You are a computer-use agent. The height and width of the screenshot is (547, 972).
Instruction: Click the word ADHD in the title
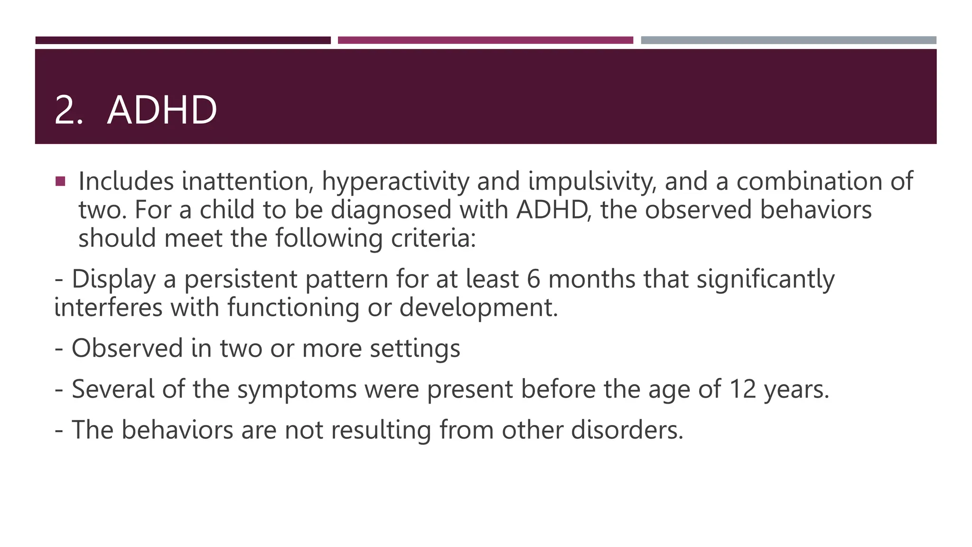coord(162,110)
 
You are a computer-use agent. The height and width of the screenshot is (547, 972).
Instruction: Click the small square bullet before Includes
coord(60,181)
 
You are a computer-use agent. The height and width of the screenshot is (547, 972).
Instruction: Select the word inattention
coord(247,181)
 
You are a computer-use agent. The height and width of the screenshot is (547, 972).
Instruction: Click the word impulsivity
coord(592,182)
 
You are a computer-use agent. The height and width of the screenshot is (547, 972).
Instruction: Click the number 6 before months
coord(533,279)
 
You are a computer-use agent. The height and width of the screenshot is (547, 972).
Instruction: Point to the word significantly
coord(765,280)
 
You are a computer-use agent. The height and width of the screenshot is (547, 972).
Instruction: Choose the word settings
coord(415,349)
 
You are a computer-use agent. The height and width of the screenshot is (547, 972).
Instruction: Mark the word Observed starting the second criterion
coord(127,348)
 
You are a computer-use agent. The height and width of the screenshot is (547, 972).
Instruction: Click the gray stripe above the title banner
coord(788,40)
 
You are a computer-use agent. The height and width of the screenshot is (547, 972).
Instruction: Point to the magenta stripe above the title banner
coord(485,40)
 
